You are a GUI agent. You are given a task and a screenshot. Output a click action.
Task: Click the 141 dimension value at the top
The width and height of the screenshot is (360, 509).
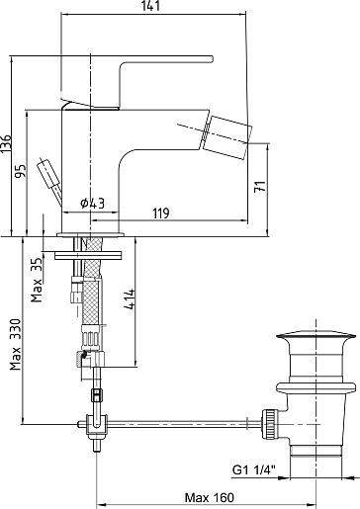click(x=151, y=6)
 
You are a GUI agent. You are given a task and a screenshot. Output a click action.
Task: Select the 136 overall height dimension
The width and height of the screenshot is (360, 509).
click(x=6, y=143)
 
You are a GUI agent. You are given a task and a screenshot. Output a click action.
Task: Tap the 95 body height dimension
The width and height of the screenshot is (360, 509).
click(x=21, y=171)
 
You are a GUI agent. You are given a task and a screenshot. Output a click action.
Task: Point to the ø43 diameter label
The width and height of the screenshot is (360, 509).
click(x=93, y=204)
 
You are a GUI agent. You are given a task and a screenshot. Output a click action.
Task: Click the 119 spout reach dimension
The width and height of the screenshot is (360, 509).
click(x=161, y=213)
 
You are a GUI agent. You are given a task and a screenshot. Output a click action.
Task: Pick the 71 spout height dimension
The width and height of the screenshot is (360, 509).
click(x=260, y=187)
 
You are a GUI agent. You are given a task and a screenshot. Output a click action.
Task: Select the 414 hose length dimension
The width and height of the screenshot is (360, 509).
click(x=130, y=298)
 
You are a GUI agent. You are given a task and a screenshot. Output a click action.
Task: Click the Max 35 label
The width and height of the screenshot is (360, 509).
click(x=37, y=280)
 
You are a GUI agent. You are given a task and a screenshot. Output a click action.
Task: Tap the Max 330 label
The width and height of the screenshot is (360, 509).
click(x=15, y=344)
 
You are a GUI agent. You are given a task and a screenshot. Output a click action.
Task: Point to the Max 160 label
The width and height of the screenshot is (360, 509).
click(x=210, y=497)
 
